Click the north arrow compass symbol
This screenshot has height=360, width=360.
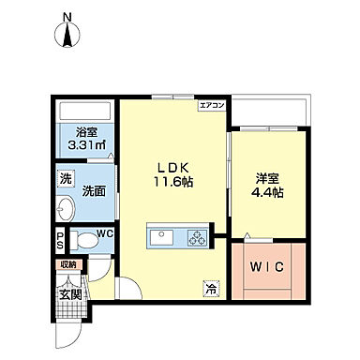[67, 33]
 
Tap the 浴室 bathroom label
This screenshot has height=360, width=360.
[80, 132]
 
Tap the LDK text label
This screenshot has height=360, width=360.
[172, 162]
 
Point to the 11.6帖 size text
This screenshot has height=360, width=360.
[173, 181]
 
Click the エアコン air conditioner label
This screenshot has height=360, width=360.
[210, 107]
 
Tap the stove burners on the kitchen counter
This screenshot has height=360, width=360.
[197, 235]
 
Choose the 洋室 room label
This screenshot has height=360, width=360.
[266, 176]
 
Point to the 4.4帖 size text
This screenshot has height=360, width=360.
[267, 193]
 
